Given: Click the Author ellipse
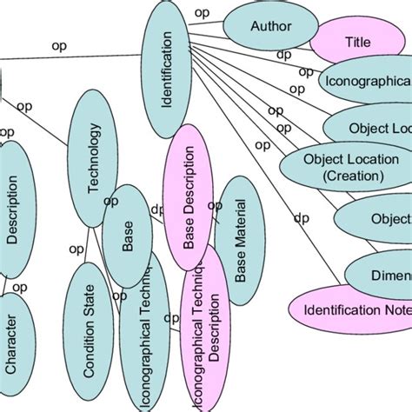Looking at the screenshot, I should tap(270, 27).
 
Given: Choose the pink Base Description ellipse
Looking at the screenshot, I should tap(189, 199).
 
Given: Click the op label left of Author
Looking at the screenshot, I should tap(202, 12).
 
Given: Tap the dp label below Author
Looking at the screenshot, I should tap(283, 55).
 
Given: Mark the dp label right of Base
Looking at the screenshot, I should tap(157, 209).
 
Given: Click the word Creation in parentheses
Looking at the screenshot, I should tap(343, 175).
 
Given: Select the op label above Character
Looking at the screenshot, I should tap(19, 287).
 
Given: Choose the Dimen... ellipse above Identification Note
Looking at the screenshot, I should tap(382, 276).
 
